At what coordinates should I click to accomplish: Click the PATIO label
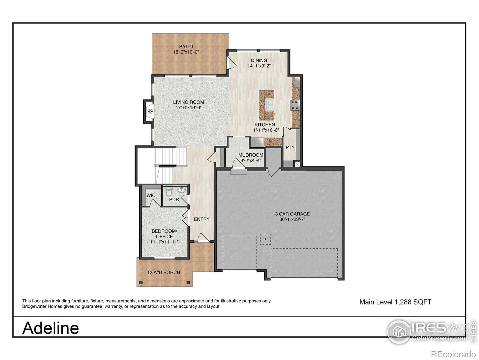[x=186, y=46]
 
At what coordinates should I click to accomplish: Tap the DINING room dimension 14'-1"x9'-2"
[x=259, y=66]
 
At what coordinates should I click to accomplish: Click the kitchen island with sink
[x=266, y=105]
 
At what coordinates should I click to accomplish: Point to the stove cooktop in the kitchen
[x=295, y=105]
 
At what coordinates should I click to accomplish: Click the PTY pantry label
[x=290, y=148]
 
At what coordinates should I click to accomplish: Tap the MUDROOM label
[x=251, y=155]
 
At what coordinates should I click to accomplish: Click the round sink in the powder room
[x=182, y=190]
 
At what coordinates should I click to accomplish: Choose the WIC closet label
[x=151, y=196]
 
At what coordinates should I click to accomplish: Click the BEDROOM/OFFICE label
[x=164, y=234]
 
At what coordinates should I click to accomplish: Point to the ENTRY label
[x=202, y=219]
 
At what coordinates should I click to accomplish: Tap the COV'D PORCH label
[x=164, y=272]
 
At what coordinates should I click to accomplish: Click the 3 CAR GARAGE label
[x=292, y=214]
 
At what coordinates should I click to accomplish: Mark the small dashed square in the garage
[x=265, y=239]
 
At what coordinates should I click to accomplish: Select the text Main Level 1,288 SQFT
[x=395, y=302]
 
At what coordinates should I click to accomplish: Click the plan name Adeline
[x=51, y=328]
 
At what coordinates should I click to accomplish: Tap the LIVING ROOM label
[x=189, y=102]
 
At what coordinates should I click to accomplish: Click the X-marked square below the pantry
[x=297, y=164]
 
